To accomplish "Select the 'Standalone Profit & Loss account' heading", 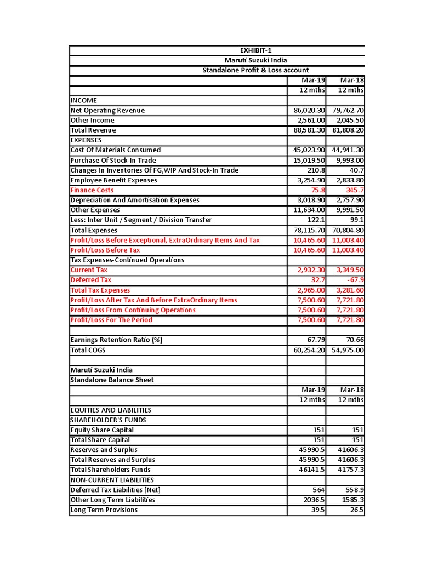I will pyautogui.click(x=255, y=70).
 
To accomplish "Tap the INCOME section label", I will pyautogui.click(x=84, y=100).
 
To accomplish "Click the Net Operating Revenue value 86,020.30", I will pyautogui.click(x=310, y=110).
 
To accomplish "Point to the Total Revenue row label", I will pyautogui.click(x=93, y=130).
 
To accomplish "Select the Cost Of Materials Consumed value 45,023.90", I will pyautogui.click(x=310, y=150).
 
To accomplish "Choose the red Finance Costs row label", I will pyautogui.click(x=92, y=190).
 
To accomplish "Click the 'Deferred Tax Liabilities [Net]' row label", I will pyautogui.click(x=116, y=490).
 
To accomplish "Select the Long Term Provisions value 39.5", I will pyautogui.click(x=318, y=510).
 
